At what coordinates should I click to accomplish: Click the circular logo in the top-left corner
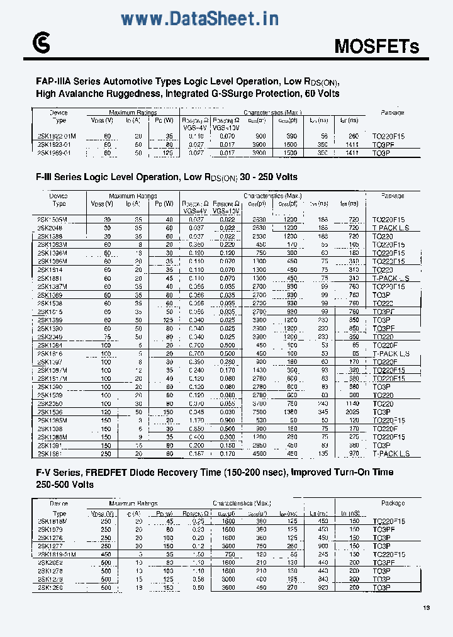[x=40, y=42]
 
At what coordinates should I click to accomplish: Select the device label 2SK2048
[x=50, y=228]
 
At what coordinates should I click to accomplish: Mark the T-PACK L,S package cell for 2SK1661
[x=391, y=453]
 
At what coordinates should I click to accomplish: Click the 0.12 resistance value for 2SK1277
[x=198, y=546]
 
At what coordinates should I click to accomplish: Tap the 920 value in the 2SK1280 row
[x=323, y=587]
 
